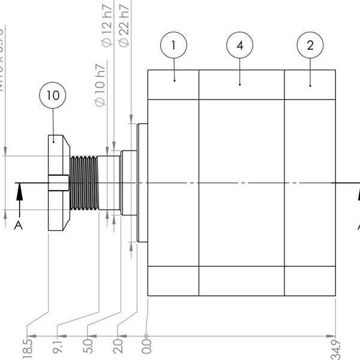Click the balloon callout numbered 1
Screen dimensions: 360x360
174,45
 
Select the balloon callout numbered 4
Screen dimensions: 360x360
240,45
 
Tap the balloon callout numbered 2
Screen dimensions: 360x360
310,45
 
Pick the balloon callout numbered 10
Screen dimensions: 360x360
53,95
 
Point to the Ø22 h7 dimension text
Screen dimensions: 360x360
124,24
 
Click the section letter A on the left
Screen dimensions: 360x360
19,225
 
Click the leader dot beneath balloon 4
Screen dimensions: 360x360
240,85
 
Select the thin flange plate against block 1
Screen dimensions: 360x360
143,182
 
